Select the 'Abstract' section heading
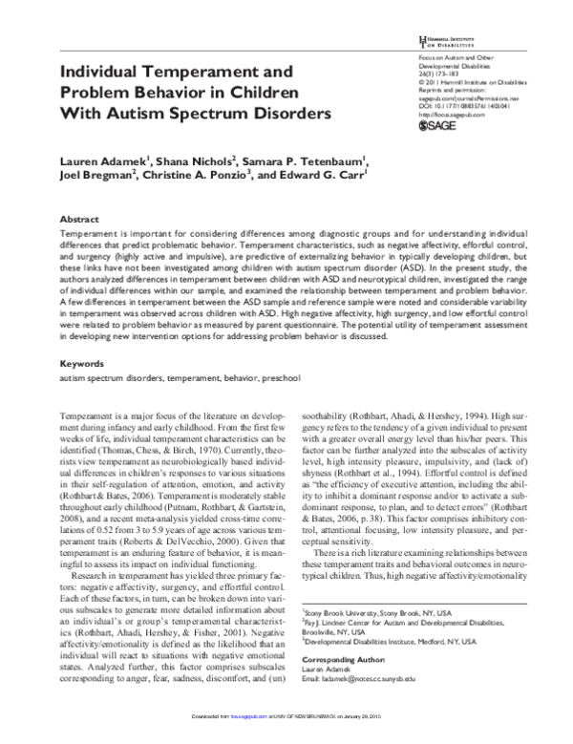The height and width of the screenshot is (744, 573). click(x=81, y=219)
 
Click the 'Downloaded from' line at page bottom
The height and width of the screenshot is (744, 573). click(x=286, y=737)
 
